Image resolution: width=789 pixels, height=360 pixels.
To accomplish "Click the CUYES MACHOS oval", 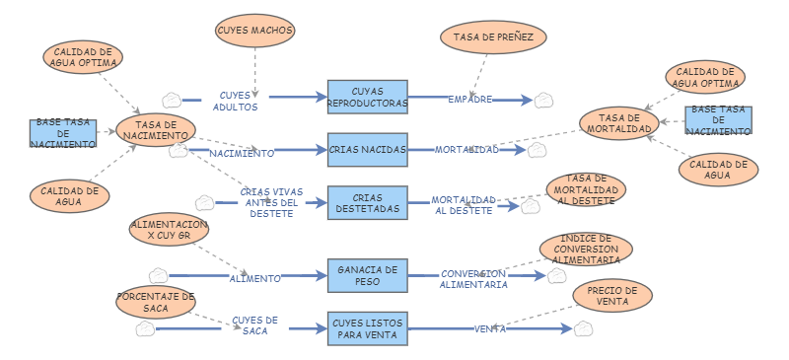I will (x=255, y=31).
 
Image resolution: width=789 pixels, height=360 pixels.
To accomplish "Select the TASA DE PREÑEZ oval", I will (x=492, y=36).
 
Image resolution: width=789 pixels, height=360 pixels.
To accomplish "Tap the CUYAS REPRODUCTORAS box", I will (x=367, y=97).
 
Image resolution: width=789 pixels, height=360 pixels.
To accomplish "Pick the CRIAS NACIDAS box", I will (x=367, y=150).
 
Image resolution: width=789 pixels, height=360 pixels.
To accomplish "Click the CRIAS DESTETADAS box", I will (x=367, y=203).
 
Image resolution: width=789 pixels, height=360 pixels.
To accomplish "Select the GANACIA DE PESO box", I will (x=367, y=275).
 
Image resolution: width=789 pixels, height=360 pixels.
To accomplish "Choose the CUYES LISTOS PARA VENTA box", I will (x=367, y=328).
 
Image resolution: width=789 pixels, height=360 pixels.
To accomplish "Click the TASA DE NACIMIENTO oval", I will (x=156, y=130).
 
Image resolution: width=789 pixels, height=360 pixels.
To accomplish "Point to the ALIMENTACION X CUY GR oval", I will (x=170, y=231).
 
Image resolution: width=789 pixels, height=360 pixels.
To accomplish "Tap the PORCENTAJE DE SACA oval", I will (x=156, y=302).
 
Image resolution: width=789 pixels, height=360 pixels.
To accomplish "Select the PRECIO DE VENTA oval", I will (x=611, y=296).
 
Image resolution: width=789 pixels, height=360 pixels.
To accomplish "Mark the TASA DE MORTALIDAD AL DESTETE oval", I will (x=586, y=189).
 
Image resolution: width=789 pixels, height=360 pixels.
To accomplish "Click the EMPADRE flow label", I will (x=470, y=100).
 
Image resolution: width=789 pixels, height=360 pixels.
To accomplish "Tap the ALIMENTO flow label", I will (x=254, y=279).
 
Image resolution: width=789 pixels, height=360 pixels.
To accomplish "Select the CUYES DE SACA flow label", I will (x=254, y=325).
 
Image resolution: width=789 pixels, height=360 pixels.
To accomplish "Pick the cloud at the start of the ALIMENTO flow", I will (x=158, y=276).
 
